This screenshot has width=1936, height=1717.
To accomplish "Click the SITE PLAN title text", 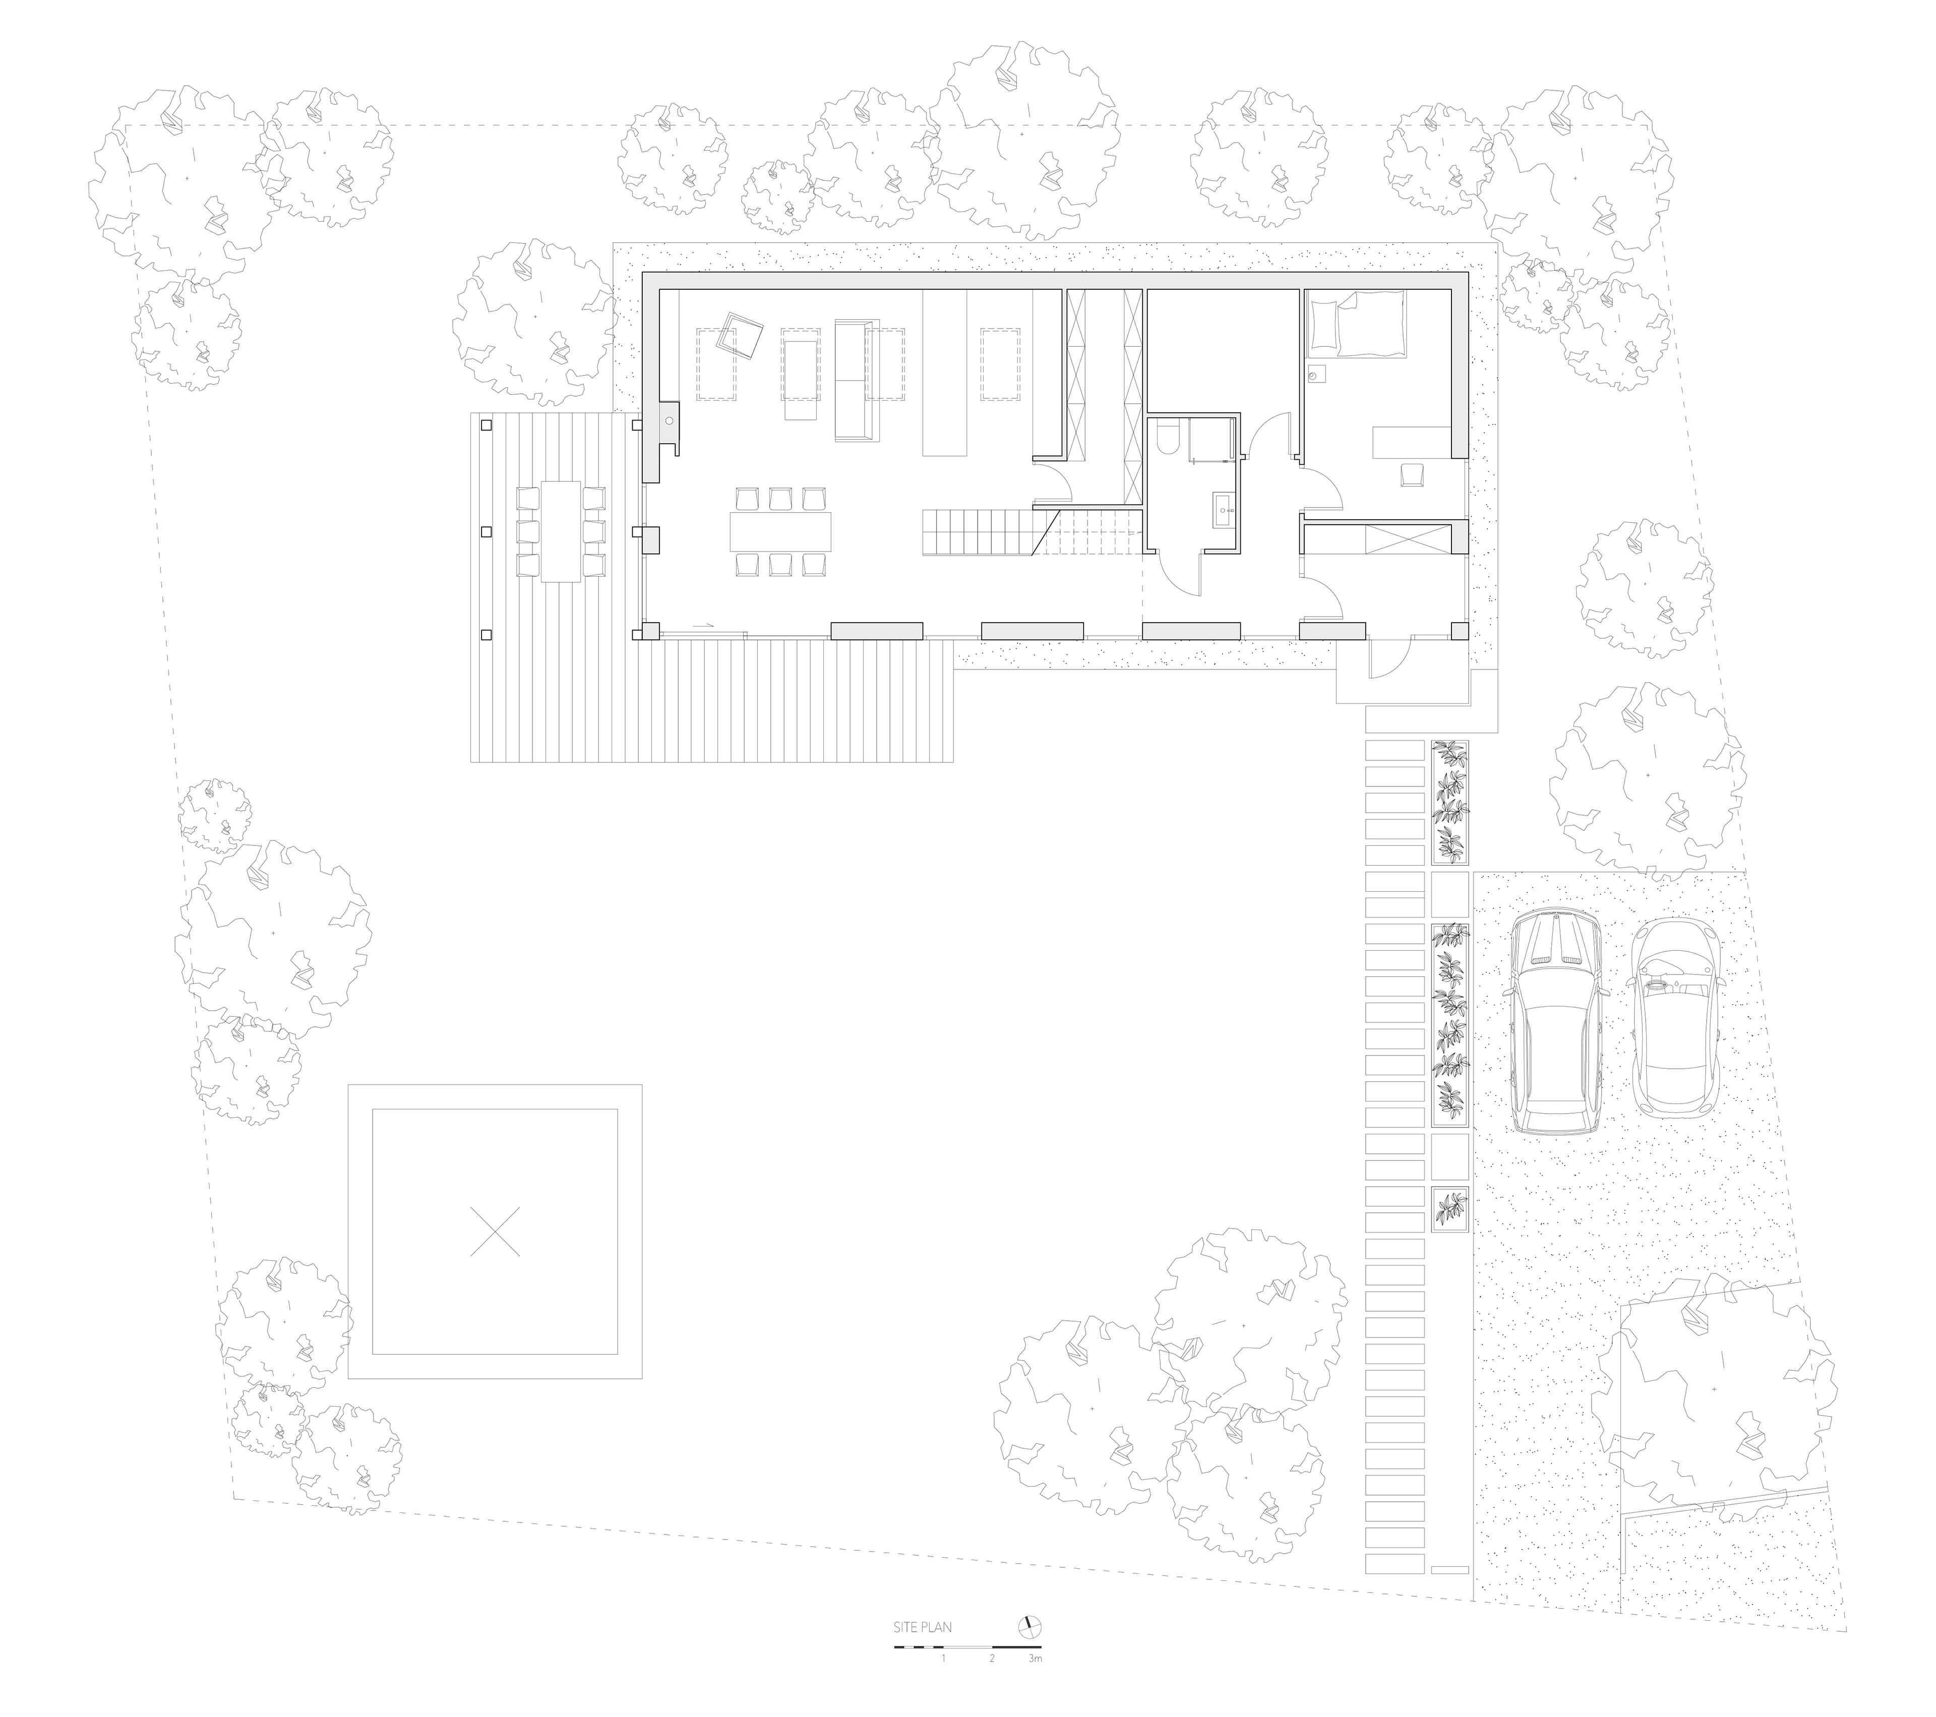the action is click(x=922, y=1628).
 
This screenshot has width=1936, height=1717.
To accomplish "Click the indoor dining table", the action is click(x=780, y=532).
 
